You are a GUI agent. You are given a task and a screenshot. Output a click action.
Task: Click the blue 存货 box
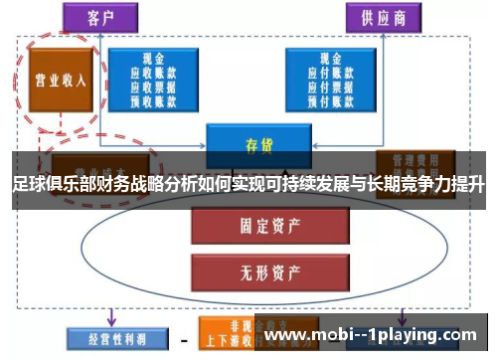tap(251, 144)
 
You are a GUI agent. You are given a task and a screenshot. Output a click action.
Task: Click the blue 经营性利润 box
tap(105, 337)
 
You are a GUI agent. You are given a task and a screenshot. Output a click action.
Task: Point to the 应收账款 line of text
tap(153, 73)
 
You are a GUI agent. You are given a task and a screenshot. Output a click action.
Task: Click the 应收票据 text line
tap(153, 85)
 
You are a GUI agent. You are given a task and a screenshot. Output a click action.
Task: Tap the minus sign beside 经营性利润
tap(184, 337)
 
